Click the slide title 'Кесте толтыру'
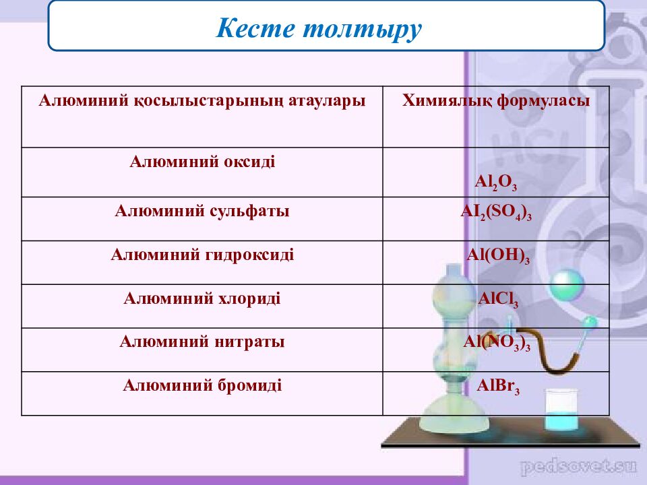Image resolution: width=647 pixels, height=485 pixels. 319,29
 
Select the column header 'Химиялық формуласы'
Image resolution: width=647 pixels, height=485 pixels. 496,100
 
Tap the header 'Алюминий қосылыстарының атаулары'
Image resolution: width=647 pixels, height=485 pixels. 202,101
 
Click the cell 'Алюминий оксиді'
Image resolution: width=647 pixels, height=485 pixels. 202,161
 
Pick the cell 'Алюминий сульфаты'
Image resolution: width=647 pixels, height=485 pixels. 202,211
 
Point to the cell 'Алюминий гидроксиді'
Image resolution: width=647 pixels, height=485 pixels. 202,255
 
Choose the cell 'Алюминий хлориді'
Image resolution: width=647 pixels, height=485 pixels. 202,298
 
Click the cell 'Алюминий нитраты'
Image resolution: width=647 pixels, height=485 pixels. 202,342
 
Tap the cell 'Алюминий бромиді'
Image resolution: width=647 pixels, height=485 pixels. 202,385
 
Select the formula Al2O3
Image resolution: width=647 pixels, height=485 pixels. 496,183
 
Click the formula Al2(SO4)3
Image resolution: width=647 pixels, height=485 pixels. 496,213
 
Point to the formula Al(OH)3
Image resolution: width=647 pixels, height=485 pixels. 498,256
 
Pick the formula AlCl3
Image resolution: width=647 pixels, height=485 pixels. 498,300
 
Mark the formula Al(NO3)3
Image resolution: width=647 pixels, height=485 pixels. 497,343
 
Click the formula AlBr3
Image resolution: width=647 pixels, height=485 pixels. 498,387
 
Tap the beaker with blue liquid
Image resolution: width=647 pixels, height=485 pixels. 560,410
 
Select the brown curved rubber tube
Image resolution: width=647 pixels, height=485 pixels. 536,350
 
